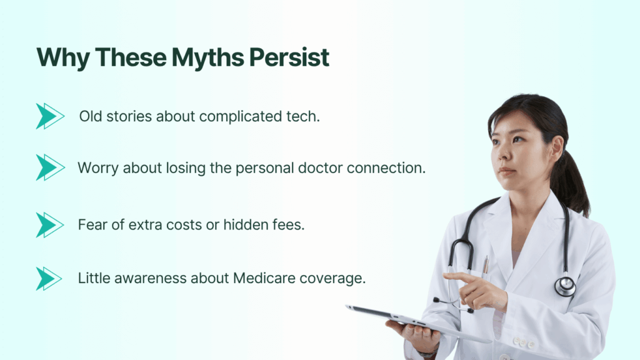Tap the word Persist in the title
coord(289,57)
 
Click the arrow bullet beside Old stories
coord(50,116)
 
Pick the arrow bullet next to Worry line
coord(50,167)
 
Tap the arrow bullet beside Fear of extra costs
coord(50,225)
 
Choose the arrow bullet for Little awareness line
coord(49,279)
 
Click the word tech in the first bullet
coord(304,116)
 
